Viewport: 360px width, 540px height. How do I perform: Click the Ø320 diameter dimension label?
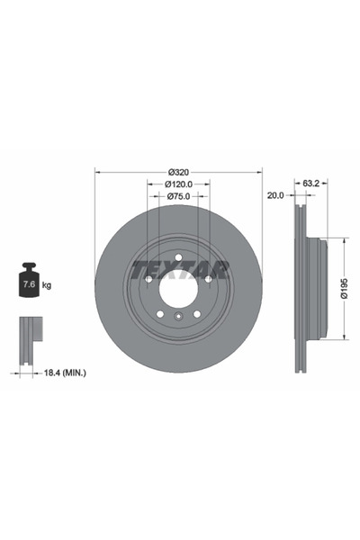pyautogui.click(x=178, y=172)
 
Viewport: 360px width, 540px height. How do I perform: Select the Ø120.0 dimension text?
pyautogui.click(x=178, y=184)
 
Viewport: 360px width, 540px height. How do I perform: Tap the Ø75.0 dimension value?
pyautogui.click(x=178, y=196)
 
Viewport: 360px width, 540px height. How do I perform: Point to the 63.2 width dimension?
pyautogui.click(x=310, y=184)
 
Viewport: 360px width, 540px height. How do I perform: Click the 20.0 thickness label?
pyautogui.click(x=275, y=195)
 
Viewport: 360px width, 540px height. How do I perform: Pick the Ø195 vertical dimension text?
pyautogui.click(x=344, y=288)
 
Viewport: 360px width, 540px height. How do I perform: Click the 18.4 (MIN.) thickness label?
pyautogui.click(x=65, y=373)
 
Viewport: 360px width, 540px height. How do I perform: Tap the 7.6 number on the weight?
pyautogui.click(x=29, y=284)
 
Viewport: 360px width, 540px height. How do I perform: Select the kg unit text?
pyautogui.click(x=47, y=285)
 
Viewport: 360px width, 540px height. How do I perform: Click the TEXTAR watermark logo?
pyautogui.click(x=180, y=270)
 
